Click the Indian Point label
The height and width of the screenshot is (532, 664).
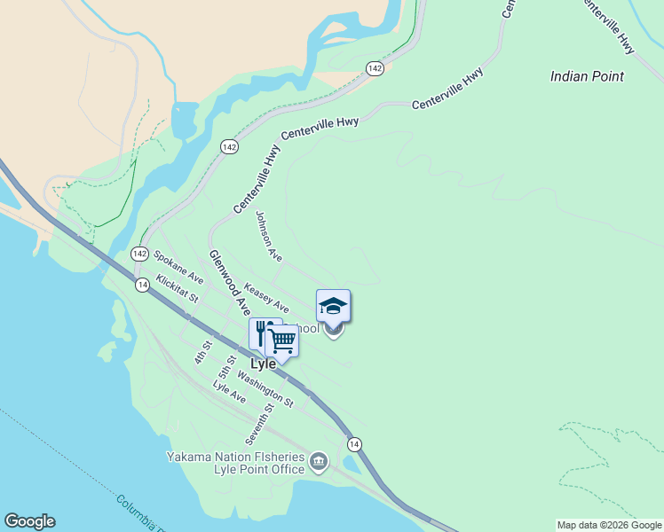pyautogui.click(x=587, y=76)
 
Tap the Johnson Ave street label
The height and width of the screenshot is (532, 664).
pyautogui.click(x=268, y=236)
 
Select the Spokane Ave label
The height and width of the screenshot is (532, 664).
pyautogui.click(x=178, y=267)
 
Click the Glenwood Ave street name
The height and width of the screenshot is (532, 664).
pyautogui.click(x=230, y=282)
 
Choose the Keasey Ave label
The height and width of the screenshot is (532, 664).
pyautogui.click(x=266, y=297)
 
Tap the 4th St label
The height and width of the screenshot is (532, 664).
pyautogui.click(x=203, y=352)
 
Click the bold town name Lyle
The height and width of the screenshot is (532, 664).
pyautogui.click(x=264, y=364)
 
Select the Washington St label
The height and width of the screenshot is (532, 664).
pyautogui.click(x=265, y=387)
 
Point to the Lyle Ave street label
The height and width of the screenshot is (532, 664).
pyautogui.click(x=229, y=392)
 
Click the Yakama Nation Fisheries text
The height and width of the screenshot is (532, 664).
pyautogui.click(x=235, y=457)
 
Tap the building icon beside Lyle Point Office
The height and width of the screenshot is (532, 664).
pyautogui.click(x=320, y=461)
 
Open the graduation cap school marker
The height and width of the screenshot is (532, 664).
pyautogui.click(x=333, y=307)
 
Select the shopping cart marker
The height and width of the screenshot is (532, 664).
pyautogui.click(x=282, y=339)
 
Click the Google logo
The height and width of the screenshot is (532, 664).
pyautogui.click(x=29, y=521)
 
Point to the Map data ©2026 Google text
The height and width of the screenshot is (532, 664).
pyautogui.click(x=609, y=525)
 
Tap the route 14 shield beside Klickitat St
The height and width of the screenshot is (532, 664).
pyautogui.click(x=142, y=285)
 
